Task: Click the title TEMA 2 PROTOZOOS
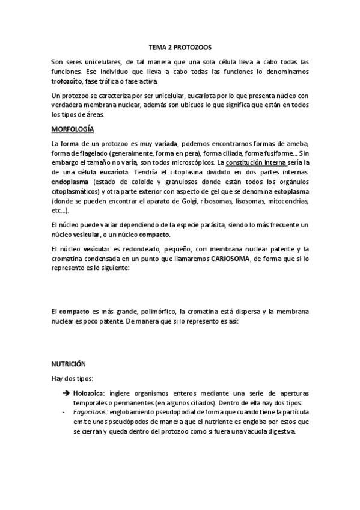[x=180, y=46]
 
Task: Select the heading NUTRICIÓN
[x=68, y=364]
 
